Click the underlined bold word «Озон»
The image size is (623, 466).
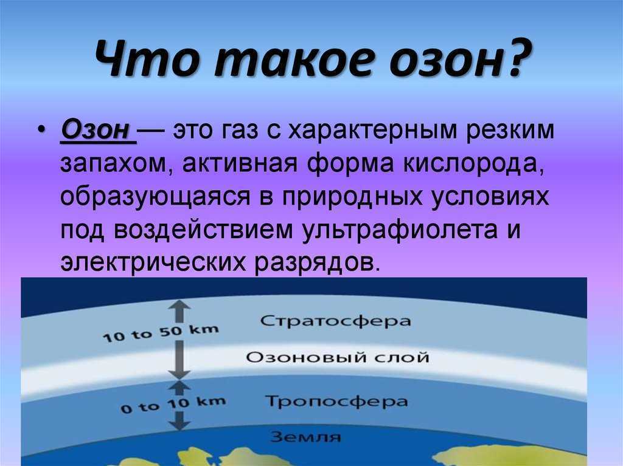click(x=96, y=130)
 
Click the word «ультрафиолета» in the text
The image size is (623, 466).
click(x=399, y=230)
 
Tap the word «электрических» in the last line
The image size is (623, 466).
click(x=153, y=262)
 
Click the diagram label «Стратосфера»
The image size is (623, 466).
click(x=336, y=321)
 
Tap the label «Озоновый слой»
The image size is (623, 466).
click(x=337, y=357)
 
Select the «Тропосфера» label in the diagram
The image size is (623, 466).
click(x=336, y=402)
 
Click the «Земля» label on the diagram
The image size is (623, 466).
click(x=306, y=437)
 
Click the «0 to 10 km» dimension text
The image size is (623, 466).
click(x=173, y=405)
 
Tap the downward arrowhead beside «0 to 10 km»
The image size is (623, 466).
click(x=179, y=424)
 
